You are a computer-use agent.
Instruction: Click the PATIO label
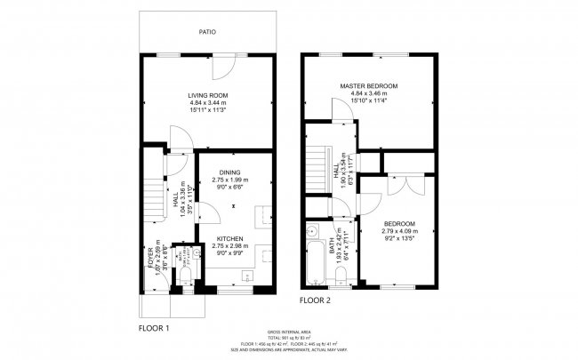[206, 32]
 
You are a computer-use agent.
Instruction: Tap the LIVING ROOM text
[208, 95]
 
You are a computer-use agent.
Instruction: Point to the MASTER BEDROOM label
[368, 85]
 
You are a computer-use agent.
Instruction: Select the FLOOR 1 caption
[154, 328]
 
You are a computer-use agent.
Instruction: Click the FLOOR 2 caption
[314, 300]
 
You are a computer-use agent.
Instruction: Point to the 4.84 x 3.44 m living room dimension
[208, 103]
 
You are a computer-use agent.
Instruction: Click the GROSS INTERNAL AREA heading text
[288, 330]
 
